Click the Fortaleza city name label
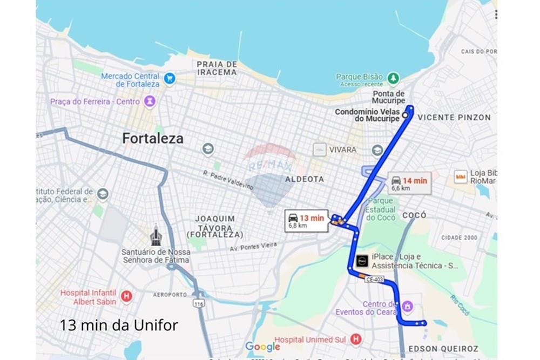(153, 139)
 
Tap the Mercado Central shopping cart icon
(170, 79)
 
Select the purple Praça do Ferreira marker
(150, 101)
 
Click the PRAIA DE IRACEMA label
(217, 68)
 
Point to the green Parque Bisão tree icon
(393, 78)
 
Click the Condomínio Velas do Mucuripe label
(367, 115)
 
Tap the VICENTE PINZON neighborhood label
(454, 117)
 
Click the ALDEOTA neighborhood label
(305, 179)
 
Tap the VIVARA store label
(343, 149)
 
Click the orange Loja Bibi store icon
(460, 176)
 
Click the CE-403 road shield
(374, 279)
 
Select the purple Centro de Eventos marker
(407, 307)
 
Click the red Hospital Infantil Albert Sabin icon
(126, 296)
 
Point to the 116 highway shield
(199, 304)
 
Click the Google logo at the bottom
(262, 347)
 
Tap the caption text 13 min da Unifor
(119, 325)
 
